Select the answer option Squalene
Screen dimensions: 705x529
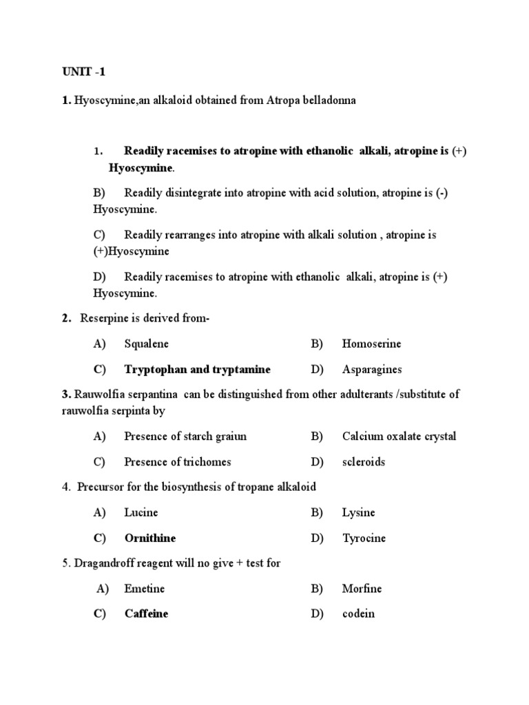coord(146,344)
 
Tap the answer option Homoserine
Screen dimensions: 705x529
coord(371,344)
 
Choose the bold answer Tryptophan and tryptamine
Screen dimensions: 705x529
coord(197,369)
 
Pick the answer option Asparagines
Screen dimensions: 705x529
coord(372,370)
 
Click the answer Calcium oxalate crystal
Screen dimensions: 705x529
coord(399,436)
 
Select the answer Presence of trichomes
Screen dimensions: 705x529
coord(177,461)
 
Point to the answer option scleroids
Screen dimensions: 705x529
coord(364,461)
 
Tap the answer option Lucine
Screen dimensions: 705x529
coord(141,512)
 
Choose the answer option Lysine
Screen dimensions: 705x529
coord(358,512)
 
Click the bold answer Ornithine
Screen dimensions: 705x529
coord(149,538)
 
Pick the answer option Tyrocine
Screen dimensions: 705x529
coord(364,538)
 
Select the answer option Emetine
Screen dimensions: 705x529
coord(144,589)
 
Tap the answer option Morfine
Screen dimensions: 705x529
coord(362,589)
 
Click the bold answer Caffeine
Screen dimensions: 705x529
coord(146,613)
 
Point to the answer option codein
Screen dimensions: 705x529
coord(358,613)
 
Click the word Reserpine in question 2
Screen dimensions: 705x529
coord(104,318)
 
